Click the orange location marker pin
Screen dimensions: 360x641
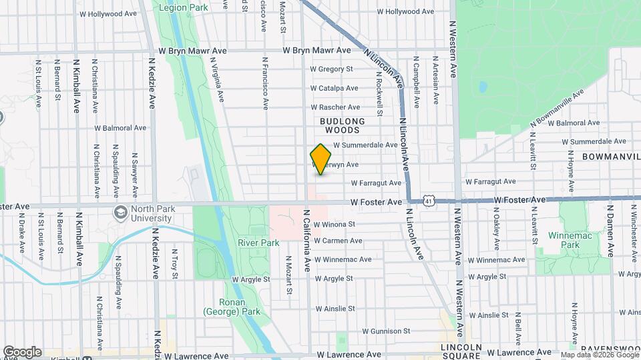pyautogui.click(x=321, y=159)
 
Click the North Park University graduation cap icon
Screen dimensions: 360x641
pyautogui.click(x=120, y=213)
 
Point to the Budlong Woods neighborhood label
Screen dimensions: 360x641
pyautogui.click(x=343, y=125)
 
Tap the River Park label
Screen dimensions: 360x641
pyautogui.click(x=258, y=243)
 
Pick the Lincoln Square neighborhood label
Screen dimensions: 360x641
pyautogui.click(x=461, y=352)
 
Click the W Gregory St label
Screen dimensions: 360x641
pyautogui.click(x=331, y=69)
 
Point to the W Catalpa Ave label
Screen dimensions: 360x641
pyautogui.click(x=335, y=88)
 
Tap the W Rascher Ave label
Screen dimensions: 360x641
pyautogui.click(x=335, y=107)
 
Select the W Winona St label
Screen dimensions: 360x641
pyautogui.click(x=334, y=225)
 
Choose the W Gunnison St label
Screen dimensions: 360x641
pyautogui.click(x=386, y=331)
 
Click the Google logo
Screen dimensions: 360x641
pyautogui.click(x=22, y=352)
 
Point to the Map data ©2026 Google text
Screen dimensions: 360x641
pyautogui.click(x=598, y=355)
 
